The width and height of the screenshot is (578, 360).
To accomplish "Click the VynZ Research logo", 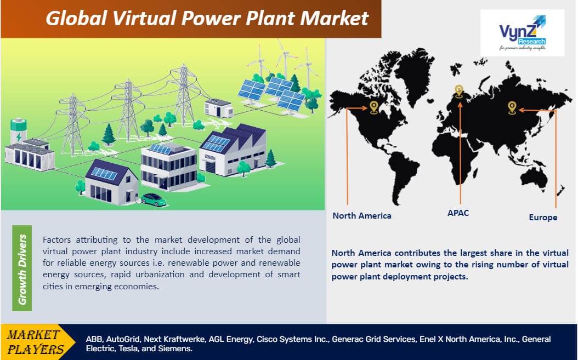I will pos(522,32).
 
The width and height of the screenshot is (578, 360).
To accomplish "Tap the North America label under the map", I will pos(362,215).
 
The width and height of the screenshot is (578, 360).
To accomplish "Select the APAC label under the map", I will pos(458,213).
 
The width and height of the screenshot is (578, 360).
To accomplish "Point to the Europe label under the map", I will pos(543,217).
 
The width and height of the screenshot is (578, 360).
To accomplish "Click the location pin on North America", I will pos(373,106).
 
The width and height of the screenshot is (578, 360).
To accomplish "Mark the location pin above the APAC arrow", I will pos(459,91).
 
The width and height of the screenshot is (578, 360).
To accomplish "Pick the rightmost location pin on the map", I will pos(512,107).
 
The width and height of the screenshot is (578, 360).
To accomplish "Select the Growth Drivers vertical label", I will pos(22,268).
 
